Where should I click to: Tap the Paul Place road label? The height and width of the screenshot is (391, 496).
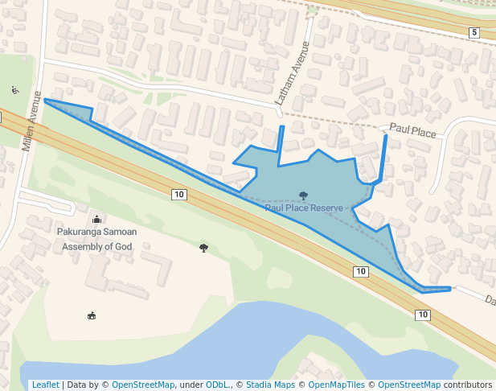coord(412,130)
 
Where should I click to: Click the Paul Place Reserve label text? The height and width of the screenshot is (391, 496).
coord(304,208)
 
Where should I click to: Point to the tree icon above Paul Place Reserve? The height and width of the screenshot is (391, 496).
coord(303,195)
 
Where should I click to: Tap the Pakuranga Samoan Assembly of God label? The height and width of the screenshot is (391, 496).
coord(96,239)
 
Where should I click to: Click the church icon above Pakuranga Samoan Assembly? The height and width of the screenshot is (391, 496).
coord(97,219)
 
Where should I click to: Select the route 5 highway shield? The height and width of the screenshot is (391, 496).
coord(474,32)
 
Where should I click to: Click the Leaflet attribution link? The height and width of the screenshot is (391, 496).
coord(45,385)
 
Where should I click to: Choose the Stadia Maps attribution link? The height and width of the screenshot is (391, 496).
coord(270,385)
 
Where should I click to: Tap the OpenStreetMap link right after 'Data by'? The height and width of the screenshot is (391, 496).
coord(143,385)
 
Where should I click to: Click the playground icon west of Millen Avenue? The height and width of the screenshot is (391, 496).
coord(14,90)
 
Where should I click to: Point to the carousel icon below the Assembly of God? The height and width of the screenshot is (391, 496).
coord(91,315)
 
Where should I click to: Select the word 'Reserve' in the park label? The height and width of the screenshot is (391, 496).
coord(327,208)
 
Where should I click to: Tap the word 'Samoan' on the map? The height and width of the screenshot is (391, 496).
coord(119,232)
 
